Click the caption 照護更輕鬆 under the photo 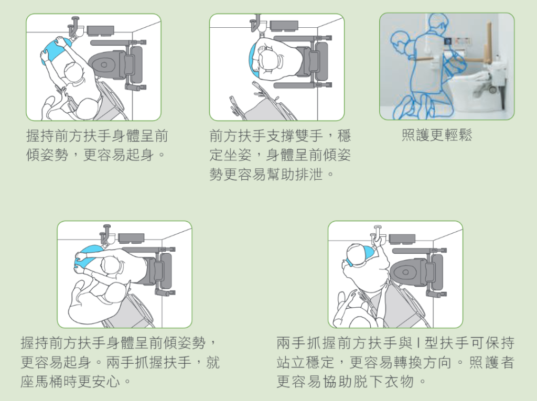(x=437, y=135)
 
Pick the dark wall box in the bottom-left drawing (x=131, y=237)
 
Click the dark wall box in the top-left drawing (x=100, y=30)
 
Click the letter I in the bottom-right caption (x=418, y=342)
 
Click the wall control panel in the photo (x=458, y=42)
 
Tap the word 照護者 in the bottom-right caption (x=492, y=362)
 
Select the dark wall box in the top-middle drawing (x=284, y=25)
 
